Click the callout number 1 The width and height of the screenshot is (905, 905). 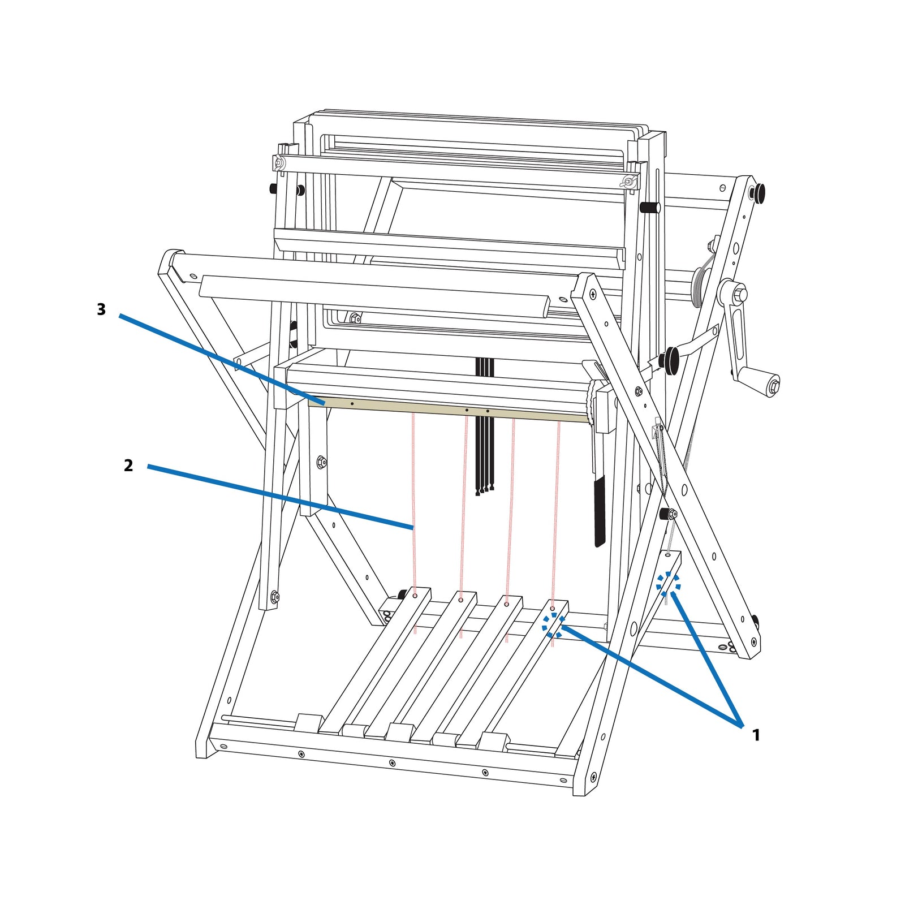(756, 735)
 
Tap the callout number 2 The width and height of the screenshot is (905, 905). (128, 466)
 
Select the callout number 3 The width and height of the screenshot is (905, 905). (101, 309)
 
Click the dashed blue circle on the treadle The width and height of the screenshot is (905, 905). (553, 626)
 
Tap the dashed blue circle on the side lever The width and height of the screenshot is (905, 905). (668, 583)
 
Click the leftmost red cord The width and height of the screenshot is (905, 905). (414, 523)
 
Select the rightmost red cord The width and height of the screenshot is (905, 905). (555, 532)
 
